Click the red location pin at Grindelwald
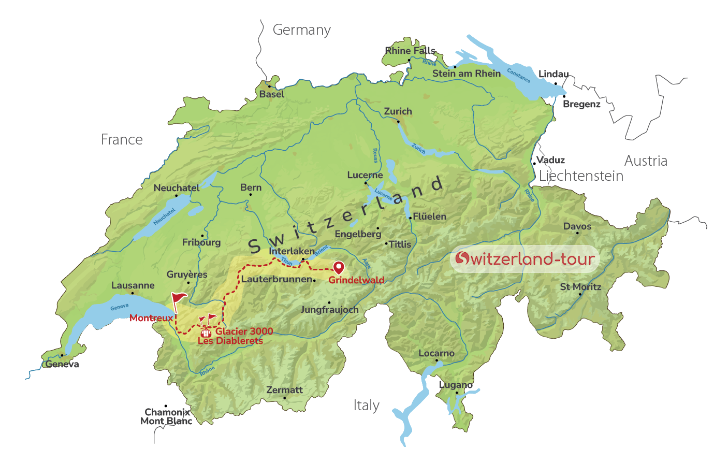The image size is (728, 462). click(x=338, y=267)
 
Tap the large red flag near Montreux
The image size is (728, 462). click(x=179, y=298)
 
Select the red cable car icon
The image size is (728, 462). click(x=206, y=333)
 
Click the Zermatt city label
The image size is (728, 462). click(x=284, y=390)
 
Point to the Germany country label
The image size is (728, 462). click(x=301, y=30)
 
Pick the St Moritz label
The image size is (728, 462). click(x=580, y=287)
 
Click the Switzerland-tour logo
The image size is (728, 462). click(x=525, y=258)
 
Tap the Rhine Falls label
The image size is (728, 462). click(x=410, y=51)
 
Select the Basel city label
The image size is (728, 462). click(x=272, y=94)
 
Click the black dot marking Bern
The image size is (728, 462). click(x=251, y=195)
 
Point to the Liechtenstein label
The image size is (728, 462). click(x=581, y=176)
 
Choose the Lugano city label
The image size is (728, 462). click(x=456, y=385)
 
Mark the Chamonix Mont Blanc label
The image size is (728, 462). click(x=166, y=416)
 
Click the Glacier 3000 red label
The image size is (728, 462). click(x=244, y=331)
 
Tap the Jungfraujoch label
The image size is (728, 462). click(x=330, y=310)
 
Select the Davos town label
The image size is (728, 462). click(x=577, y=226)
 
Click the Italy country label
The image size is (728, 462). click(x=367, y=405)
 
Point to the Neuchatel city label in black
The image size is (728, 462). click(x=177, y=188)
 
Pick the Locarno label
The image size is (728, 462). click(x=436, y=353)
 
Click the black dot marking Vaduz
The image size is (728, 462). click(x=534, y=164)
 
